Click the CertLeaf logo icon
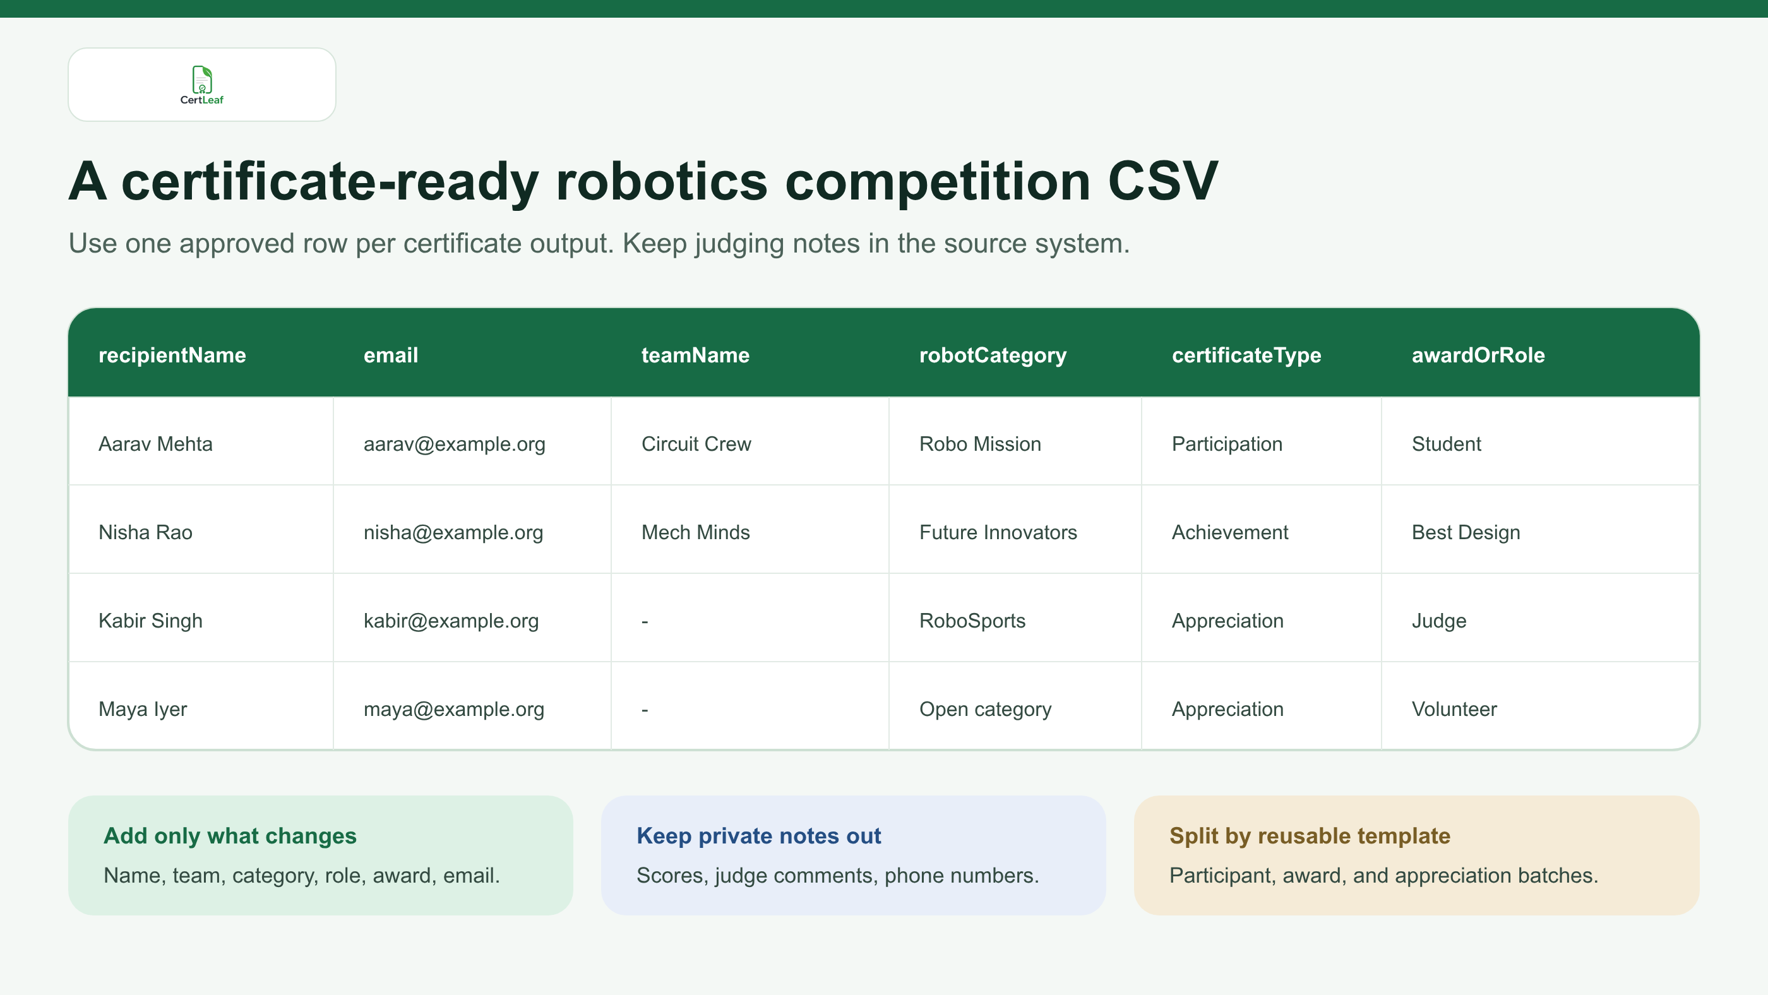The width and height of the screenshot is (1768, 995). [x=202, y=80]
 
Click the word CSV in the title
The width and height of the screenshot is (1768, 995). [x=1162, y=181]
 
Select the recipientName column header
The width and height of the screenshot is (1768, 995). [x=172, y=355]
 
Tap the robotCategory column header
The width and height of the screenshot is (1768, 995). [x=993, y=355]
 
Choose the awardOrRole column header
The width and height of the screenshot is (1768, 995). [x=1478, y=355]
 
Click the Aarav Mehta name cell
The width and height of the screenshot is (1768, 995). [x=156, y=444]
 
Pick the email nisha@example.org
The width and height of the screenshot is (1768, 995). [x=453, y=532]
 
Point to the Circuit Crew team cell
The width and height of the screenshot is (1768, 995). [x=696, y=444]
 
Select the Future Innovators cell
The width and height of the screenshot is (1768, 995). [x=998, y=532]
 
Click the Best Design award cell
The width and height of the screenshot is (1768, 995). [x=1466, y=532]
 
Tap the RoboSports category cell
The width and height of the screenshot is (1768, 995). [x=972, y=621]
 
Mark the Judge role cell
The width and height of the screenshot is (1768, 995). [x=1438, y=621]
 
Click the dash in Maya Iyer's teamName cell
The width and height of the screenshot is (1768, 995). [x=645, y=710]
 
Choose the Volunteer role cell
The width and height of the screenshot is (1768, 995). [x=1454, y=709]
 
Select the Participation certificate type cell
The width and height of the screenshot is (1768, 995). [x=1226, y=444]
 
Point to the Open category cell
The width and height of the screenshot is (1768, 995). [x=985, y=710]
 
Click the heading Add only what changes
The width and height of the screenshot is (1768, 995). [x=230, y=836]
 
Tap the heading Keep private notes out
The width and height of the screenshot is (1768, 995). [x=758, y=836]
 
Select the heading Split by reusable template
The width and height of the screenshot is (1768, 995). [x=1310, y=836]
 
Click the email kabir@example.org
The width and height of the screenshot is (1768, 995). [x=451, y=621]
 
